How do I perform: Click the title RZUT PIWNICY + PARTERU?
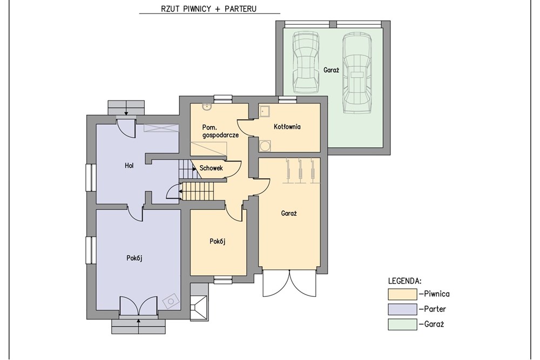tap(208, 9)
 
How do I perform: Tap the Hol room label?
tap(129, 166)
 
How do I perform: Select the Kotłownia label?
tap(287, 127)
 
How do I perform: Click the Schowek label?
tap(211, 168)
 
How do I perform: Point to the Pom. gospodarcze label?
tap(220, 131)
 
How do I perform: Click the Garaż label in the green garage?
tap(332, 70)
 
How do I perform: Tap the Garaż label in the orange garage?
tap(289, 213)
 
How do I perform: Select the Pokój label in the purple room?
tap(134, 258)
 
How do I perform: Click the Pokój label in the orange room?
tap(217, 241)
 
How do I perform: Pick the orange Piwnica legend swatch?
tap(403, 294)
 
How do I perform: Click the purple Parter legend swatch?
tap(403, 309)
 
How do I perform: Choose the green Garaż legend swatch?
tap(403, 324)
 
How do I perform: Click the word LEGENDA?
tap(404, 281)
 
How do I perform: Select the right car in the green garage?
tap(357, 73)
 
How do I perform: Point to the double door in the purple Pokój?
tap(138, 305)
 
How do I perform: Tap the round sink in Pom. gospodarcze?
tap(207, 107)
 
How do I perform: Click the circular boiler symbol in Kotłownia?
tap(265, 146)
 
